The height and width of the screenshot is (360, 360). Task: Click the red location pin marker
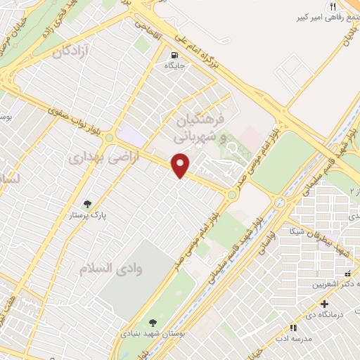pos(181,165)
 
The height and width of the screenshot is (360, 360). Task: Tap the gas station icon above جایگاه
pos(174,53)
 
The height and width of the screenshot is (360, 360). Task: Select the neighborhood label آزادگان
pos(72,51)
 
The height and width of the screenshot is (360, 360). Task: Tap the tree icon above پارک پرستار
pos(88,204)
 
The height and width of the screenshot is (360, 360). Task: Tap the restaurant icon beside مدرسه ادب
pos(293,328)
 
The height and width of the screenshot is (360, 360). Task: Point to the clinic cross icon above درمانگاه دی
pos(324,304)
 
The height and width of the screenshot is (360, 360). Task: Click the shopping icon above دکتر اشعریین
pos(347,274)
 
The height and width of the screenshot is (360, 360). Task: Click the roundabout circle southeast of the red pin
pos(231,194)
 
